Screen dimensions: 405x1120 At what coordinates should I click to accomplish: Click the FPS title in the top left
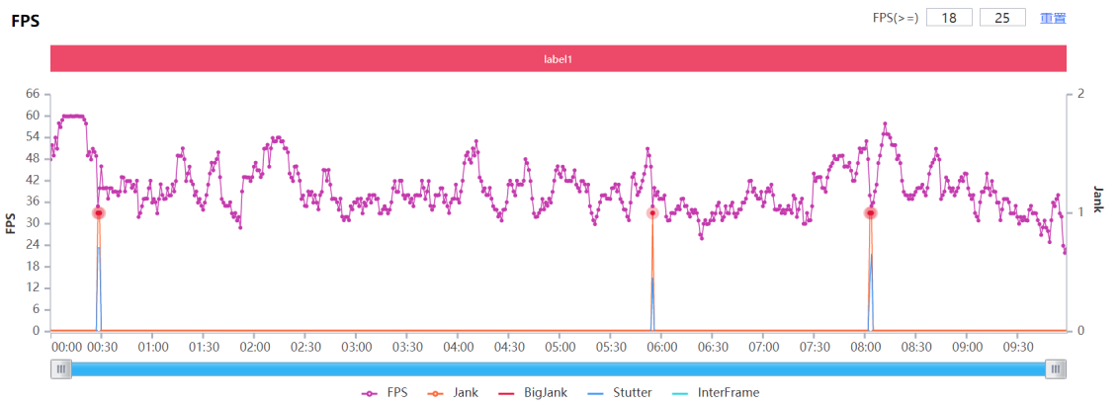click(26, 21)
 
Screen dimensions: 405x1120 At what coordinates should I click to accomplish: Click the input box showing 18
click(949, 18)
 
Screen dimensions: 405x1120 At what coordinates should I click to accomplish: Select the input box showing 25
click(1001, 18)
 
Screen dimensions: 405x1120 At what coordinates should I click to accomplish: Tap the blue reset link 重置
click(1053, 18)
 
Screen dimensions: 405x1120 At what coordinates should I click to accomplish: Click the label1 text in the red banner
click(559, 59)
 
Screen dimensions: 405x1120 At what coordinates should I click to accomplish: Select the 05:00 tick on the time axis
click(560, 347)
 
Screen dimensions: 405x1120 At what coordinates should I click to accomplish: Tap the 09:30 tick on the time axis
click(1018, 347)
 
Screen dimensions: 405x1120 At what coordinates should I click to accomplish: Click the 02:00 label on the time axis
click(255, 347)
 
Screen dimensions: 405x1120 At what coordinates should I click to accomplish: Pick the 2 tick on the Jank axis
click(1080, 94)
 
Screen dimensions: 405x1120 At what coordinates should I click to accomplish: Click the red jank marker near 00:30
click(99, 212)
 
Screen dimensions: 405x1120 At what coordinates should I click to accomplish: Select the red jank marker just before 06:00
click(652, 212)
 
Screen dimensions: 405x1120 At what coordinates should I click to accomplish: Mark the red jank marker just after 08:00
click(871, 212)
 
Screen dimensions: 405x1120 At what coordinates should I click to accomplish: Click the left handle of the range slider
click(61, 369)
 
